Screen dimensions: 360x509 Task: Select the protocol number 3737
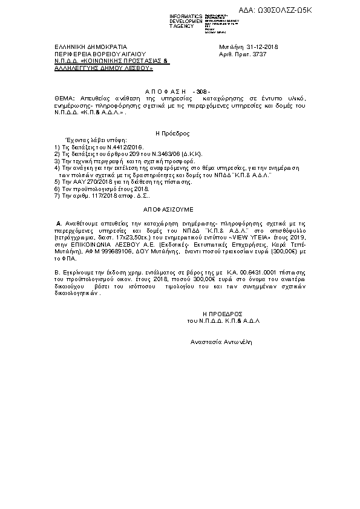tap(259, 54)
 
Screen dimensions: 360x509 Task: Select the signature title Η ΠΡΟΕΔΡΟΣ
tap(223, 314)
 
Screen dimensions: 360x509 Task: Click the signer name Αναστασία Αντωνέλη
tap(220, 342)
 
